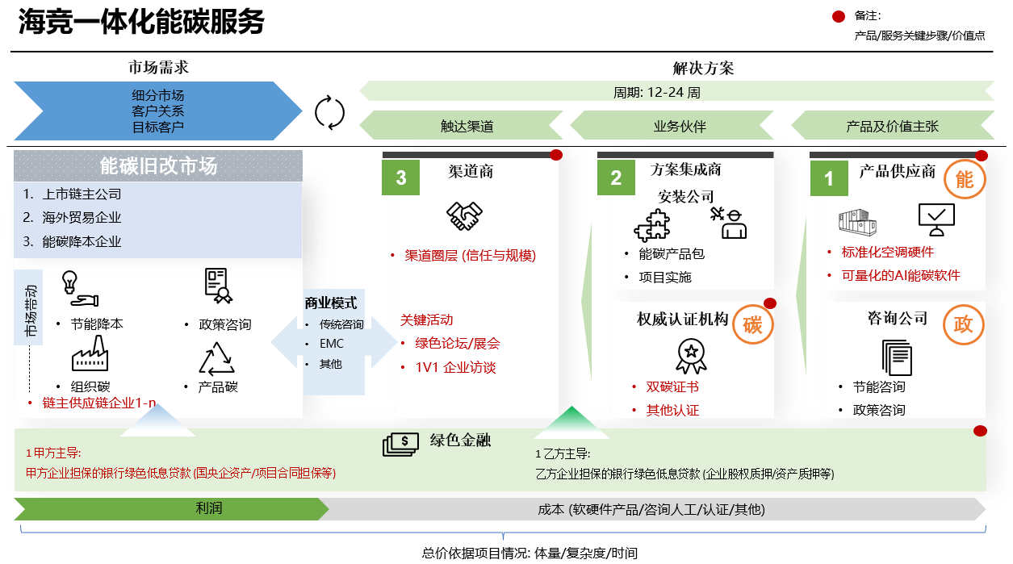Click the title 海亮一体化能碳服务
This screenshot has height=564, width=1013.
[141, 23]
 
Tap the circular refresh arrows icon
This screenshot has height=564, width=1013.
[329, 112]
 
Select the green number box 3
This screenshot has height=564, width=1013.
[401, 178]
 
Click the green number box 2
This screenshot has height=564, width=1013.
[616, 178]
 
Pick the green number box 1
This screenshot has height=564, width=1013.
[829, 178]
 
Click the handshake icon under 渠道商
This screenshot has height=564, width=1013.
[464, 215]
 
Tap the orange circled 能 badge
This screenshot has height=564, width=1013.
[965, 180]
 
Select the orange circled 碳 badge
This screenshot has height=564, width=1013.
[752, 324]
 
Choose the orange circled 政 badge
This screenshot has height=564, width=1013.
[964, 324]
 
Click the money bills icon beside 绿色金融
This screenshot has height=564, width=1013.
[401, 444]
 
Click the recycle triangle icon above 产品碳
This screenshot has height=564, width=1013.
[216, 358]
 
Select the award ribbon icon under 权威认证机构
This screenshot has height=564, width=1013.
[691, 355]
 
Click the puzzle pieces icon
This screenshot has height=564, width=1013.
[653, 224]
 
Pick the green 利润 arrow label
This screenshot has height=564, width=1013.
[208, 508]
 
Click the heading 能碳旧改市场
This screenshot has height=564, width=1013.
[158, 166]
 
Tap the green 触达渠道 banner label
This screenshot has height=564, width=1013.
[467, 126]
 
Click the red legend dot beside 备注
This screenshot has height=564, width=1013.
[839, 16]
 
